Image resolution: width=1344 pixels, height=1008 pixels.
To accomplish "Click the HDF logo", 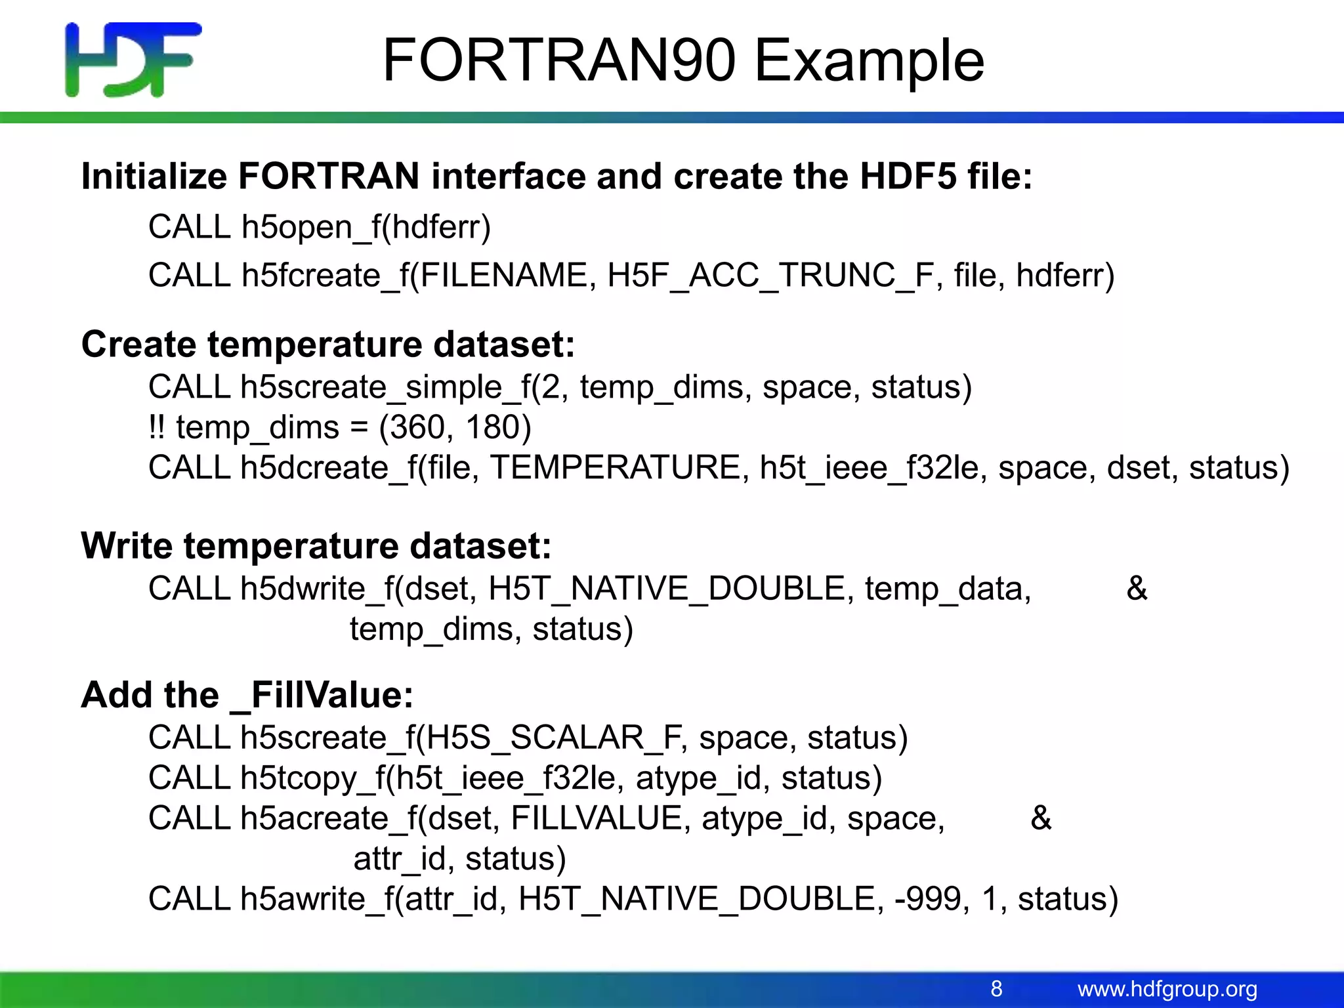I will [x=133, y=60].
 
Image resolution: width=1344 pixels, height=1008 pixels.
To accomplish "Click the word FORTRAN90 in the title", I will [x=558, y=60].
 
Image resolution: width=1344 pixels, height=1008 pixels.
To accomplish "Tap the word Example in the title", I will [x=869, y=60].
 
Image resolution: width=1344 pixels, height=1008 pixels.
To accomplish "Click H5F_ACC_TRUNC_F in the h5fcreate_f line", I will [x=771, y=276].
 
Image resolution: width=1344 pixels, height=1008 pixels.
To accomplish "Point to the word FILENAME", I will [x=503, y=276].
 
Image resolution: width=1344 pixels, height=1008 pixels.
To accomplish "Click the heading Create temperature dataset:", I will [x=327, y=345].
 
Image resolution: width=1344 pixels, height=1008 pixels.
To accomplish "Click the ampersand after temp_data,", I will [x=1137, y=589].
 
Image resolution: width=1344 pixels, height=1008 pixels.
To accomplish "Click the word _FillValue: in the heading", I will [x=322, y=696].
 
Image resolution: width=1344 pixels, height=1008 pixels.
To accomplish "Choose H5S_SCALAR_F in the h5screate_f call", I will [x=555, y=738].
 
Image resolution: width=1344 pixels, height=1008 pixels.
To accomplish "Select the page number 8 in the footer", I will [x=996, y=988].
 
